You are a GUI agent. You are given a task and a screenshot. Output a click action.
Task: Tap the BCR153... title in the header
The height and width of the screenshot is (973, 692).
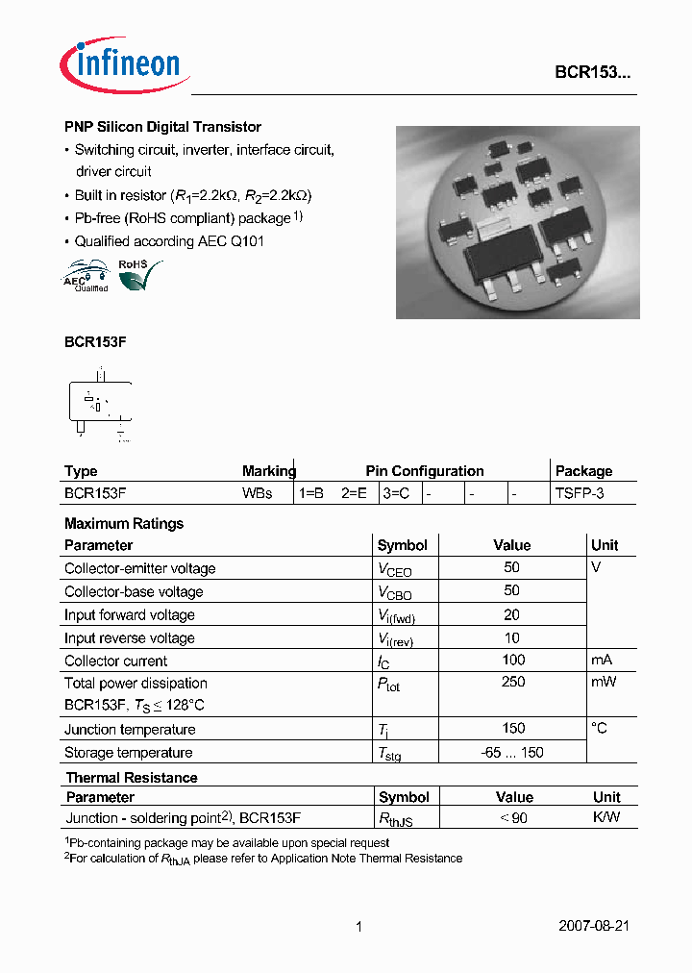pyautogui.click(x=592, y=72)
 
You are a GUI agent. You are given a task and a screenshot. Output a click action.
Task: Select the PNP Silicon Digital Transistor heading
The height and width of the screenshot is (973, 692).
pyautogui.click(x=162, y=127)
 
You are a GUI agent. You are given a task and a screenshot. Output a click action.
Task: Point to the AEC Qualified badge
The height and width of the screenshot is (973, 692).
pyautogui.click(x=86, y=276)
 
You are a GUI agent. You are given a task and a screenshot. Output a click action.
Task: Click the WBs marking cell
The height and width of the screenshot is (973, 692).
pyautogui.click(x=258, y=493)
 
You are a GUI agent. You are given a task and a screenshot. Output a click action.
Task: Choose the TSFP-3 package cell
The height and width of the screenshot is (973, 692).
pyautogui.click(x=580, y=493)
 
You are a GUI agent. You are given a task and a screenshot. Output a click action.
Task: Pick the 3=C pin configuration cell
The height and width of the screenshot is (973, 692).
pyautogui.click(x=396, y=493)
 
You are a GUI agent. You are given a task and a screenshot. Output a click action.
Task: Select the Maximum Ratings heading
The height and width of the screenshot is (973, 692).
pyautogui.click(x=123, y=524)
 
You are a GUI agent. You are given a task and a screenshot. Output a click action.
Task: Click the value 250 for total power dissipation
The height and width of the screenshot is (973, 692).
pyautogui.click(x=513, y=682)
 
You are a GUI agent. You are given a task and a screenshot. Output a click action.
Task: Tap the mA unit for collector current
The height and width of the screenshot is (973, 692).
pyautogui.click(x=602, y=660)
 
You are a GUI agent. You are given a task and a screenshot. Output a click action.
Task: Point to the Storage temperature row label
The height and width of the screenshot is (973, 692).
pyautogui.click(x=128, y=753)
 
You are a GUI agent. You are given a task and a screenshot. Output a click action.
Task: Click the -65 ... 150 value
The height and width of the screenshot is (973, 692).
pyautogui.click(x=512, y=753)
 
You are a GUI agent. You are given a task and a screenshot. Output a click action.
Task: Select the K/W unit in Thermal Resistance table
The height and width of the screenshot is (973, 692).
pyautogui.click(x=605, y=818)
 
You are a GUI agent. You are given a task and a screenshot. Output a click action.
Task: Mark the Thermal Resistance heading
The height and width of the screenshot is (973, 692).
pyautogui.click(x=131, y=778)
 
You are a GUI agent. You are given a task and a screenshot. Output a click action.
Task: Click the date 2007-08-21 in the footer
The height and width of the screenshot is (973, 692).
pyautogui.click(x=594, y=927)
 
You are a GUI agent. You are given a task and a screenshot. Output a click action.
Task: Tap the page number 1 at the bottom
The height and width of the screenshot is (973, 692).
pyautogui.click(x=358, y=927)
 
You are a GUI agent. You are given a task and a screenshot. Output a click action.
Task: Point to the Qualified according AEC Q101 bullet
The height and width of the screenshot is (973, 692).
pyautogui.click(x=169, y=241)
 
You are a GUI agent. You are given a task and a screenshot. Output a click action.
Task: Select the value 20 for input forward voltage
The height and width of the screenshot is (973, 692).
pyautogui.click(x=511, y=614)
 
